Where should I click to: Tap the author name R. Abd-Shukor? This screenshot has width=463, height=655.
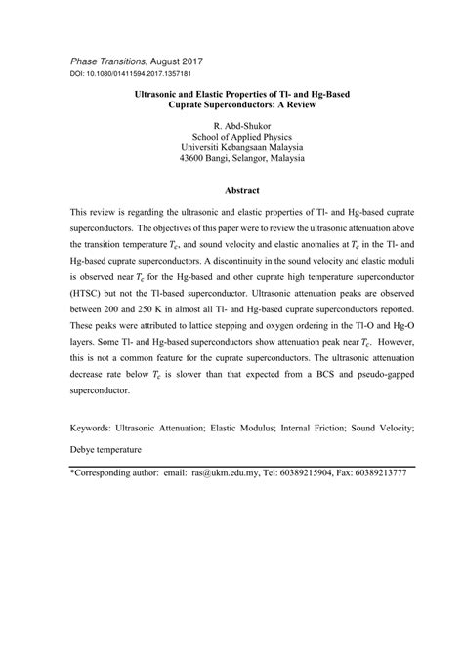(231, 126)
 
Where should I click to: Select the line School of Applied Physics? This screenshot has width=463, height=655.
(231, 137)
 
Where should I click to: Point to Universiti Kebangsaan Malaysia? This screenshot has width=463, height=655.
(231, 147)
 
